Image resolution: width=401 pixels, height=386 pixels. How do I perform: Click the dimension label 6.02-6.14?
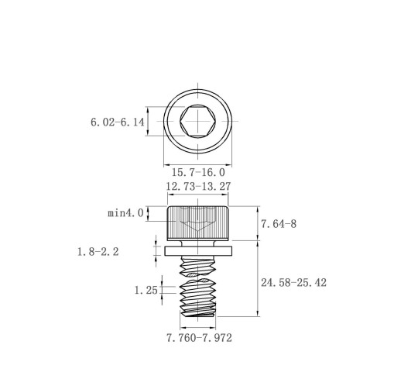click(x=118, y=122)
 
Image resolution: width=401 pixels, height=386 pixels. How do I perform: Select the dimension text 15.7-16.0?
click(x=198, y=172)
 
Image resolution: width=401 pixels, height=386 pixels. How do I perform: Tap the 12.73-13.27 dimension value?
click(x=198, y=186)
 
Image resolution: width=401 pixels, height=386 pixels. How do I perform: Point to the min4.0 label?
click(x=125, y=213)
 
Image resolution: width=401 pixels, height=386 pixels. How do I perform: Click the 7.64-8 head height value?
click(x=279, y=224)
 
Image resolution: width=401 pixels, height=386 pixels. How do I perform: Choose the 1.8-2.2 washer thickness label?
click(x=98, y=251)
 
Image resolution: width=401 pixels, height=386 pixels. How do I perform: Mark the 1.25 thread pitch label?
click(x=146, y=290)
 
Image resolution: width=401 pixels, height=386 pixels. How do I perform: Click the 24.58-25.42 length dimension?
click(x=293, y=282)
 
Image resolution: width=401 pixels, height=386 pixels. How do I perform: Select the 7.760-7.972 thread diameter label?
click(x=199, y=338)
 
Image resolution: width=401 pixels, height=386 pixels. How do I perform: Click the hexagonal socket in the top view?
click(x=198, y=121)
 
